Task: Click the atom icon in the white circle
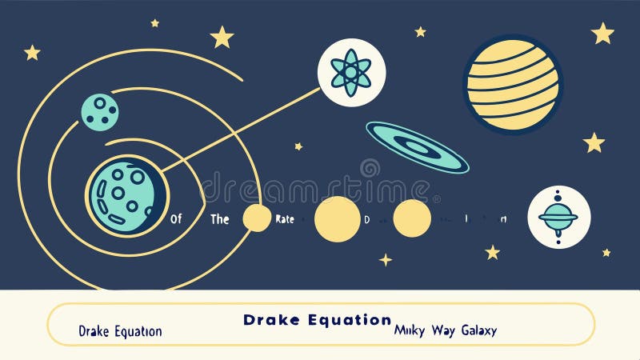click(351, 73)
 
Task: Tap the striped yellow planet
click(513, 84)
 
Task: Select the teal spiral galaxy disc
click(417, 146)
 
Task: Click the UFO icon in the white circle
click(558, 217)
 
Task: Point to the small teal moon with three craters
click(100, 111)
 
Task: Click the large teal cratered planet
click(126, 196)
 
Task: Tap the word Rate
click(284, 218)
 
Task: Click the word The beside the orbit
click(220, 218)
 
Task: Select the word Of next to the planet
click(176, 218)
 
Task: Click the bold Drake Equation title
click(318, 320)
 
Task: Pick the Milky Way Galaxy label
click(446, 330)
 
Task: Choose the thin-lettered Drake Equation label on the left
click(120, 331)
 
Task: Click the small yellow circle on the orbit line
click(257, 218)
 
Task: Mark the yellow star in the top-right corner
click(602, 34)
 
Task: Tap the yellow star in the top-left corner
click(32, 53)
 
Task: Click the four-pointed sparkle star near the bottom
click(386, 259)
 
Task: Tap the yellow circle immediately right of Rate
click(337, 218)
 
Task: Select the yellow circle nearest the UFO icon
click(412, 218)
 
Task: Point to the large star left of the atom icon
click(222, 37)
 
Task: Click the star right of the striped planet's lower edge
click(594, 143)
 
